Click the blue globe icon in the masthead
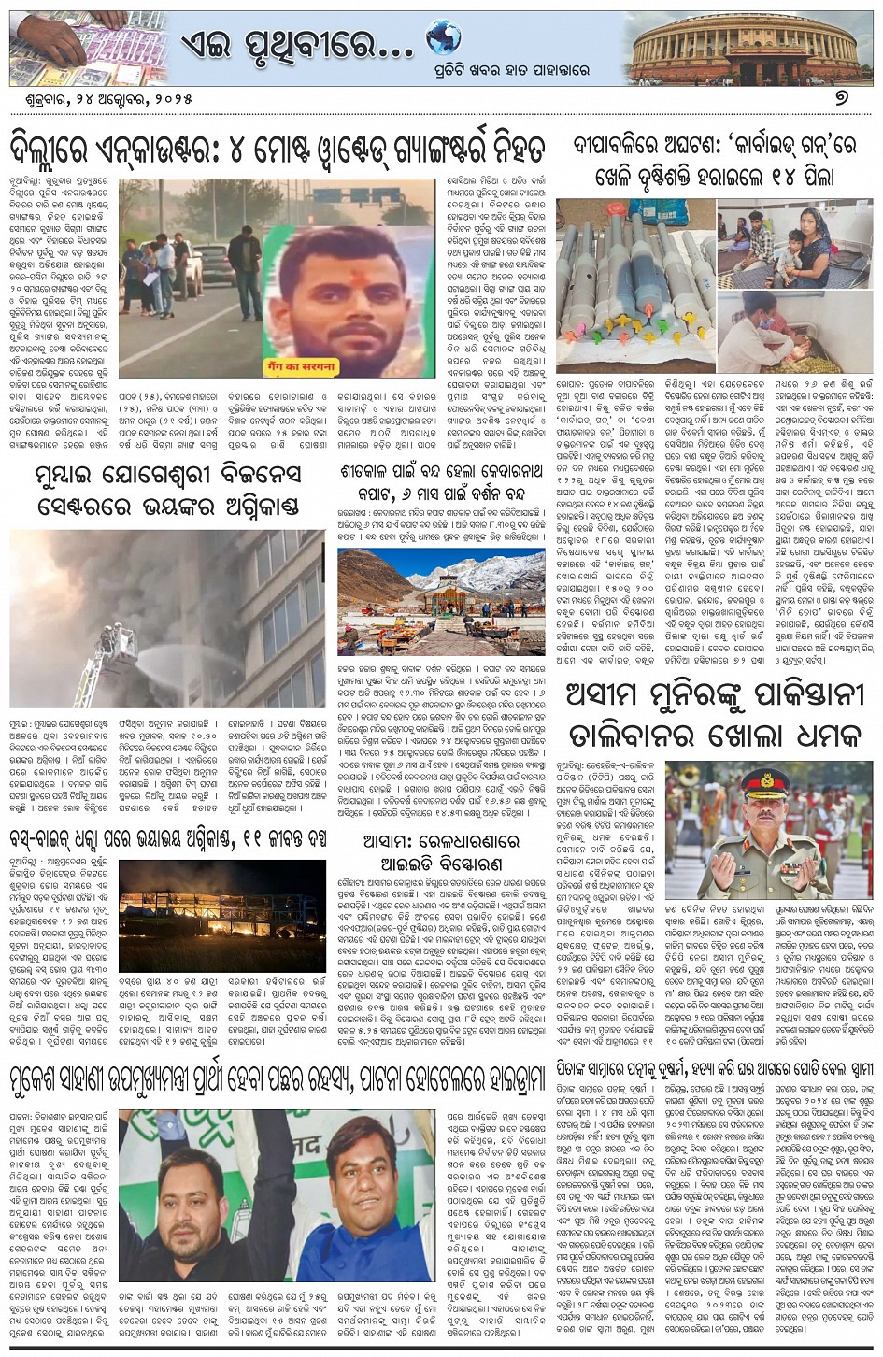click(x=443, y=37)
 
